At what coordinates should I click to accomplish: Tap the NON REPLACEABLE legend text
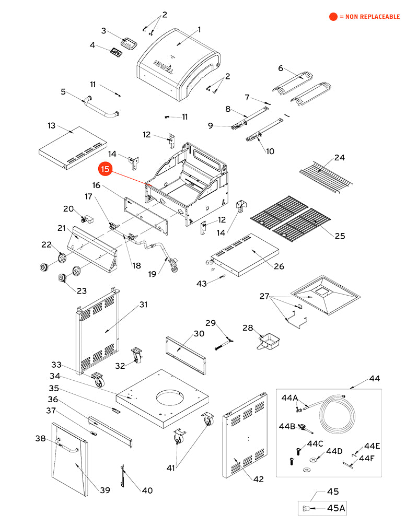[369, 17]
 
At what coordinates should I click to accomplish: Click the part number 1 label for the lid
[199, 29]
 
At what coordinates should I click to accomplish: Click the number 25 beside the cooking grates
[340, 236]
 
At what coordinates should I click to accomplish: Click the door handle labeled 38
[67, 446]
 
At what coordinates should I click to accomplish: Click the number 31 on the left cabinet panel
[143, 304]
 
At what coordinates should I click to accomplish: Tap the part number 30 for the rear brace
[199, 333]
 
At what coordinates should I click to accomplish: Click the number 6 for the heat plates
[281, 68]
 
